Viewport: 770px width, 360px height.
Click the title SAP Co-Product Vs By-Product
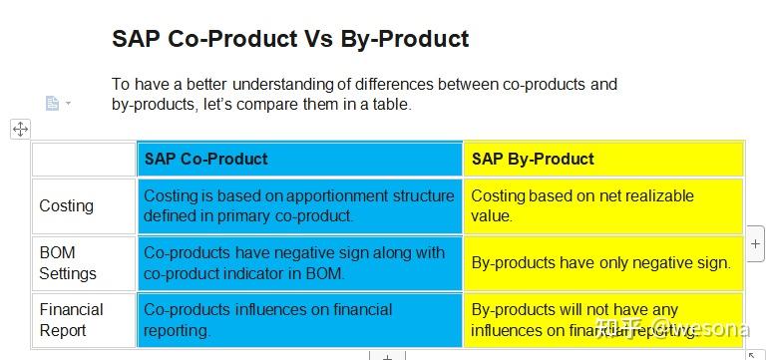pos(290,39)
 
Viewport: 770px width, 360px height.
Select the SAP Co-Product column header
pos(205,159)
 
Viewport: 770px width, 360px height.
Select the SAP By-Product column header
pos(533,159)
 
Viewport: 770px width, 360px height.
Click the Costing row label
pos(67,205)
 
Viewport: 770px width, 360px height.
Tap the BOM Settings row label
pos(68,262)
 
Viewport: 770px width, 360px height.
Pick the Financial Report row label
pos(71,320)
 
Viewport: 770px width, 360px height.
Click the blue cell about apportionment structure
pos(299,205)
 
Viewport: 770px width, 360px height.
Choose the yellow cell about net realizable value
pos(602,205)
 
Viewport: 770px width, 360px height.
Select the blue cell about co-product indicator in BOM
pos(299,262)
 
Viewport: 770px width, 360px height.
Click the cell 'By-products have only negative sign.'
pos(601,263)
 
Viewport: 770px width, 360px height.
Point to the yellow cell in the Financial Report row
pos(602,320)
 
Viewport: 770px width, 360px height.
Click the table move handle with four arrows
pos(20,129)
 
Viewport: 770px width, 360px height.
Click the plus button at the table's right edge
pos(755,243)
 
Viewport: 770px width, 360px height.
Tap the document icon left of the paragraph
pos(53,103)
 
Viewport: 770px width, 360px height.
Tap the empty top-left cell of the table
pos(84,159)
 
